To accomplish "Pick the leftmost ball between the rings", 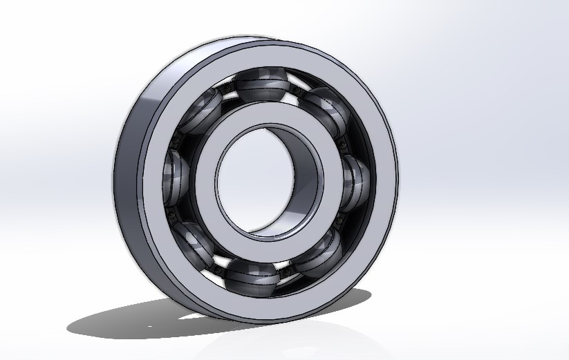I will [x=176, y=173].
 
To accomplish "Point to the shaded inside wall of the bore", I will [x=304, y=187].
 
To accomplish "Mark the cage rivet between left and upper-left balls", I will [x=178, y=140].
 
